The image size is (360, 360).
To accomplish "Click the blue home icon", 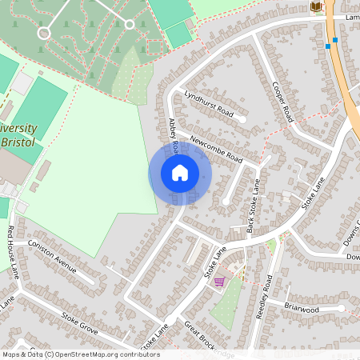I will (180, 173).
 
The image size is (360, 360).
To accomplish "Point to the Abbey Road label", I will (173, 132).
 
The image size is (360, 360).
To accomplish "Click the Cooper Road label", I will (283, 102).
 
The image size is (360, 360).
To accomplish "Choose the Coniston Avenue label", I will (52, 255).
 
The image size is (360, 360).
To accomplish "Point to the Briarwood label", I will (302, 308).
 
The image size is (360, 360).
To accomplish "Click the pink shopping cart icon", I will (219, 282).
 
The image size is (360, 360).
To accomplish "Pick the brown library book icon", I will (316, 7).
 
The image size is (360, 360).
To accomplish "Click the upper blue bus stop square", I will (335, 39).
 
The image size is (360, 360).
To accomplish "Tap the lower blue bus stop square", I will (328, 46).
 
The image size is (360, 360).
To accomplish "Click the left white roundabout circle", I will (43, 33).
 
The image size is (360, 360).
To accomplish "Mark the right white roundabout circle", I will (130, 25).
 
